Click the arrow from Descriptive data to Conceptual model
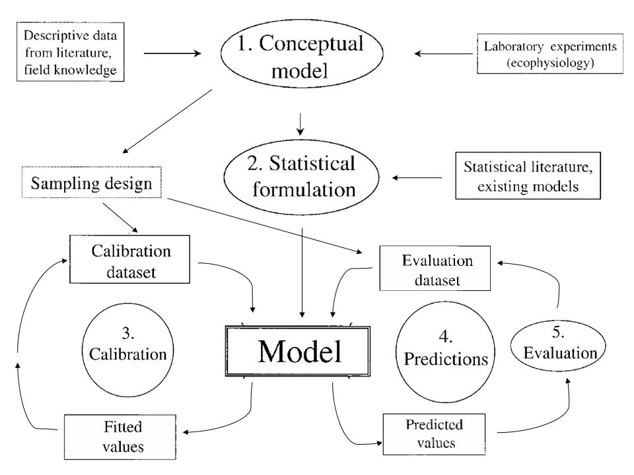pyautogui.click(x=172, y=53)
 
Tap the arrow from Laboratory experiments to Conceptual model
pyautogui.click(x=444, y=53)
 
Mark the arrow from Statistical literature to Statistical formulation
pyautogui.click(x=417, y=177)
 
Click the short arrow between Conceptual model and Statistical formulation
pyautogui.click(x=300, y=124)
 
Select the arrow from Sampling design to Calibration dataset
pyautogui.click(x=120, y=218)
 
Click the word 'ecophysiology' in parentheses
pyautogui.click(x=550, y=63)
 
